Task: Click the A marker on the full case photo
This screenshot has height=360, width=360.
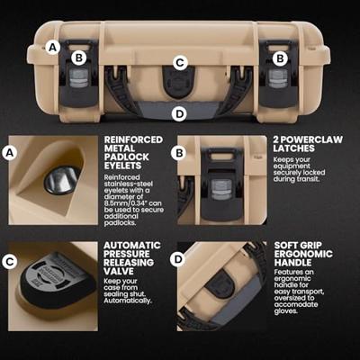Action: click(x=53, y=48)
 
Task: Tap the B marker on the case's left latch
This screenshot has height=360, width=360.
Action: click(x=79, y=58)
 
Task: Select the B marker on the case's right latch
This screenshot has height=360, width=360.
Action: click(x=280, y=58)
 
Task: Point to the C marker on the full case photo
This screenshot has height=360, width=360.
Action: click(x=180, y=63)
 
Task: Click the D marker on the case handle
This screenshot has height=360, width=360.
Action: click(x=179, y=114)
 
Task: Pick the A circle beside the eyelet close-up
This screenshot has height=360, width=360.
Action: click(x=10, y=153)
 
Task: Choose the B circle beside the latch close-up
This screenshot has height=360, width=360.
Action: click(x=179, y=153)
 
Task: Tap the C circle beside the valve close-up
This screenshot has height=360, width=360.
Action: click(x=10, y=262)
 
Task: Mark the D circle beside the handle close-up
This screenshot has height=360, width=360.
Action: click(x=178, y=259)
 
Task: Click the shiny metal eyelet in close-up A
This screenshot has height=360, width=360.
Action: click(x=62, y=180)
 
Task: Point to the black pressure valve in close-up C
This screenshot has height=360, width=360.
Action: click(x=57, y=282)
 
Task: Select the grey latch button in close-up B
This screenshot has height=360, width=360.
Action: click(x=221, y=189)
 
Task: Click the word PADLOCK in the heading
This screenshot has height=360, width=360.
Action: click(x=127, y=157)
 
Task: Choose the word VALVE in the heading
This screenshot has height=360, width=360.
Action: click(x=119, y=271)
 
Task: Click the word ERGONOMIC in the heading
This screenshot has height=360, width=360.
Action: click(x=303, y=254)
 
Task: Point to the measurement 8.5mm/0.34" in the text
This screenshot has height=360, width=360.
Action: click(x=132, y=203)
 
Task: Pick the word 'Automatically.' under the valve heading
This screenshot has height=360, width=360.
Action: click(x=128, y=301)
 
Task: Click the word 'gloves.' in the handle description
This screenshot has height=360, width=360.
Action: click(x=286, y=311)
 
